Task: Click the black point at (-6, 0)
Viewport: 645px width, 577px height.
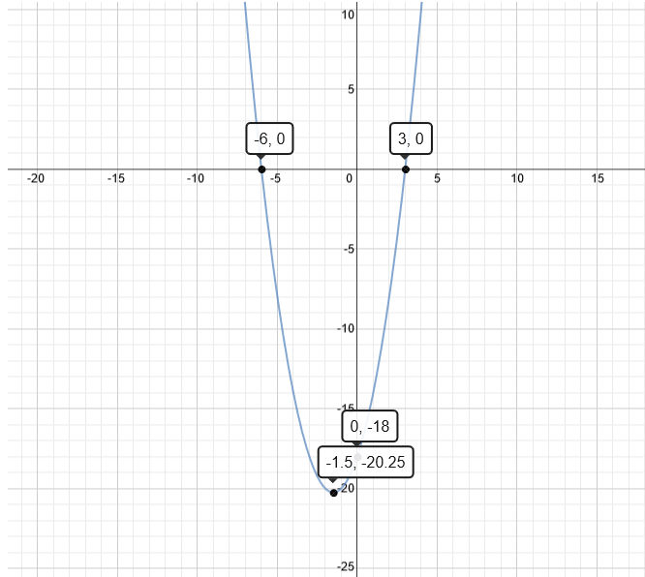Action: click(x=261, y=169)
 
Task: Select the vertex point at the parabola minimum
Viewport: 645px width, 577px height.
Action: click(x=333, y=493)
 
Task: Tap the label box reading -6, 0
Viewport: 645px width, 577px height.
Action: click(x=269, y=138)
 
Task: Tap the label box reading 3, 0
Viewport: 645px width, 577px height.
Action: click(x=411, y=138)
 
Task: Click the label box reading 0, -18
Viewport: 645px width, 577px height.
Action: click(x=370, y=426)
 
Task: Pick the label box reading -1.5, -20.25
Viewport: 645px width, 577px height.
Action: click(x=366, y=462)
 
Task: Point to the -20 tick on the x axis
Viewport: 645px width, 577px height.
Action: click(x=36, y=178)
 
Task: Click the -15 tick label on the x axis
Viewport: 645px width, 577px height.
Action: click(x=116, y=178)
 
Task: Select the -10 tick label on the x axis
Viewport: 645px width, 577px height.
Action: click(x=196, y=178)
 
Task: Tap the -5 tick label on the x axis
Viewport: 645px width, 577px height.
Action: click(x=276, y=178)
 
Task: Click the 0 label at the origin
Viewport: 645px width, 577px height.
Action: click(x=350, y=178)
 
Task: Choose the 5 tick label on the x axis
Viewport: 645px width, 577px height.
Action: click(x=437, y=178)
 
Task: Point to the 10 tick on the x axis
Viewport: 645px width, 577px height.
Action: click(x=517, y=178)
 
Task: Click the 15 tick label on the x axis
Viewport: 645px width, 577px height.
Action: click(x=598, y=178)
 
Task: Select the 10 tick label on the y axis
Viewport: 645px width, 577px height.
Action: click(x=348, y=15)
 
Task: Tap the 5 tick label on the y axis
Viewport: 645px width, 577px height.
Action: click(x=351, y=89)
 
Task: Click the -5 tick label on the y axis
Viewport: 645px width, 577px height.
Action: click(x=349, y=249)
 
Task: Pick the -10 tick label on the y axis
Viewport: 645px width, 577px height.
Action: click(x=346, y=328)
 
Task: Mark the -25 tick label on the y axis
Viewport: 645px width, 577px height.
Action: click(x=346, y=566)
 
